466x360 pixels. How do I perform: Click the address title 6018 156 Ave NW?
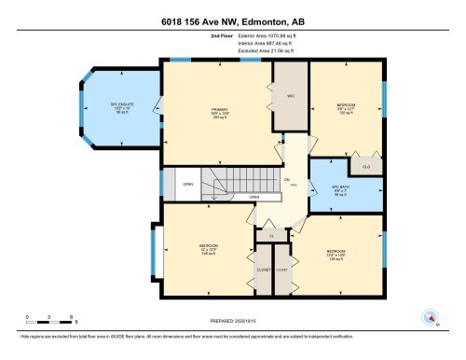[232, 19]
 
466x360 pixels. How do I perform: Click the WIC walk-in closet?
[289, 98]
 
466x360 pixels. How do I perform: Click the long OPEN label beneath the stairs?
[254, 199]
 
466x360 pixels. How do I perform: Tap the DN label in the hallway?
[287, 179]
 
